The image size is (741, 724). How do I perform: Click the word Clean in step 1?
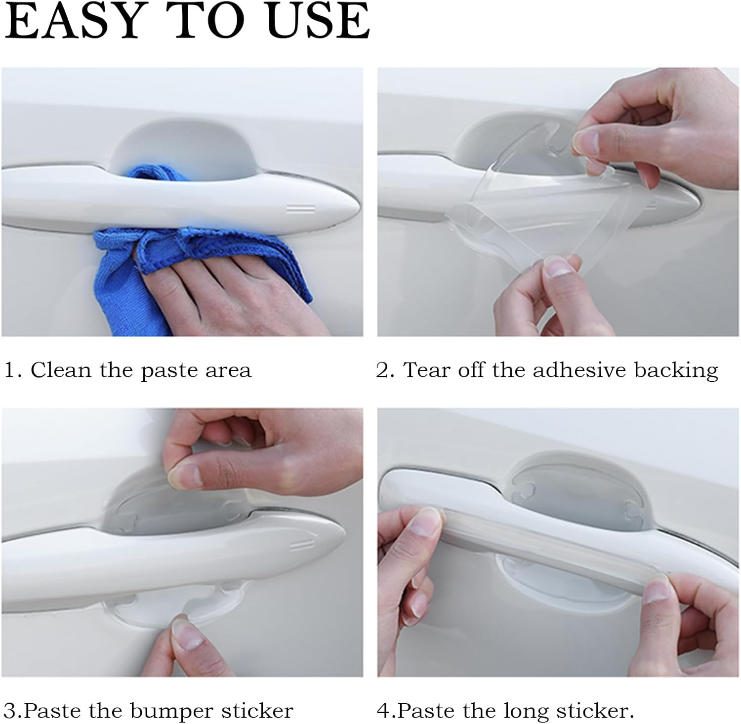tap(61, 370)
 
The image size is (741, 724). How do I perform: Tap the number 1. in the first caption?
tap(13, 370)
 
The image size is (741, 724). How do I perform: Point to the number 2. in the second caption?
tap(385, 370)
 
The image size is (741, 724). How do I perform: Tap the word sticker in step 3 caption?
tap(257, 711)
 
